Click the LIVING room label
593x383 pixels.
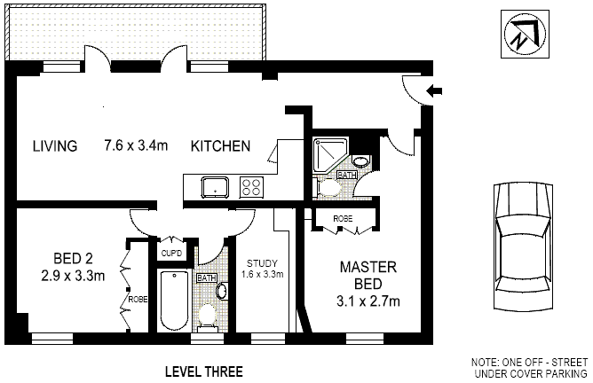[x=55, y=146]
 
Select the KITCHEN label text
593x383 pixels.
[x=220, y=146]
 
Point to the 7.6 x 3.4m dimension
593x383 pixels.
[x=136, y=146]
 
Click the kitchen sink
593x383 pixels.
[x=215, y=187]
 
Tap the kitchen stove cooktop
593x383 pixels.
[x=251, y=187]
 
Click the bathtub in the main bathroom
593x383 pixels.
[x=174, y=301]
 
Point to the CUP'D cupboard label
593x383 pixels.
[x=172, y=253]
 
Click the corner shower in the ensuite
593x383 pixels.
[x=328, y=157]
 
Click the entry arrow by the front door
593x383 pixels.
[x=434, y=90]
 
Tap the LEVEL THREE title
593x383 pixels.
[x=204, y=371]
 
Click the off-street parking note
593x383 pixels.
[x=529, y=368]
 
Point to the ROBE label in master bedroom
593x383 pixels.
[x=344, y=218]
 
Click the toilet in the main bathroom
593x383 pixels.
[x=208, y=313]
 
